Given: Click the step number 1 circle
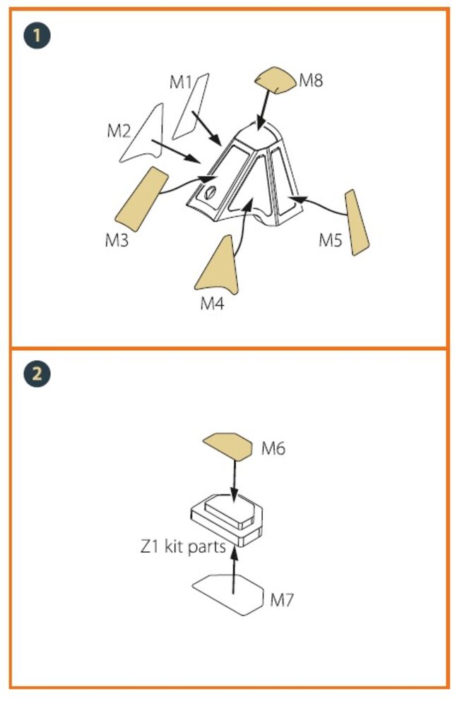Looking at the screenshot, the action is coord(37,35).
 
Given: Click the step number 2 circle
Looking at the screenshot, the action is coord(37,373).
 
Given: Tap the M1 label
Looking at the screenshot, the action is coord(181,82).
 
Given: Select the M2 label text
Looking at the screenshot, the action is coord(119,131).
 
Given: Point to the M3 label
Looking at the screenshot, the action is coord(117,240).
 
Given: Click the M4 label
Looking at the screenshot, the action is coord(212,304).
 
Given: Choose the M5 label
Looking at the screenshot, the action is coord(331,240).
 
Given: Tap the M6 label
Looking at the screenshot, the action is coord(273,448).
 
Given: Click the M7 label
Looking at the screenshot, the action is coord(282,599).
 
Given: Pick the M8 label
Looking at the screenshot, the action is coord(311,80).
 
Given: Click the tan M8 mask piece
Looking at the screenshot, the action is coord(276,80).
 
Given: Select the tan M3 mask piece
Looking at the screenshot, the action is coord(142,200).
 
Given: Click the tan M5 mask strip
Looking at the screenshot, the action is coord(356,223).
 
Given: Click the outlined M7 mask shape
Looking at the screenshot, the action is coord(228,594).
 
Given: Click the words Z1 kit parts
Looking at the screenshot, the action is coord(183,546).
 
